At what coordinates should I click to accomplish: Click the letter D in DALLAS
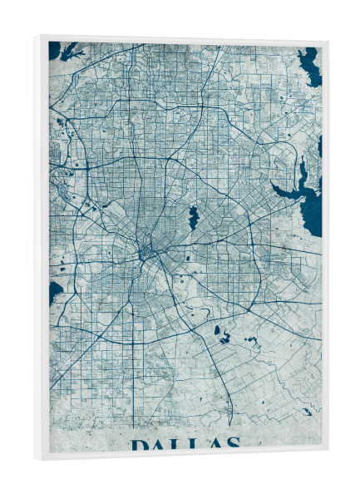(x=140, y=445)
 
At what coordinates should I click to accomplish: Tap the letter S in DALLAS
(x=231, y=442)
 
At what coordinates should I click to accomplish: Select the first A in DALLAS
(x=159, y=445)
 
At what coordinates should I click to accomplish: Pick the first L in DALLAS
(x=177, y=445)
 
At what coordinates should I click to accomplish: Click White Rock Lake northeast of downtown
(x=193, y=218)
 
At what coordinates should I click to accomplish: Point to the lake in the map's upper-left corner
(x=56, y=50)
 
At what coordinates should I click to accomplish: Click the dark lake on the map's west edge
(x=55, y=291)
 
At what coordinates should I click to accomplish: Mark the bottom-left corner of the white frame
(x=36, y=460)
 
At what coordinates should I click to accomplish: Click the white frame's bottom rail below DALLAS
(x=183, y=454)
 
